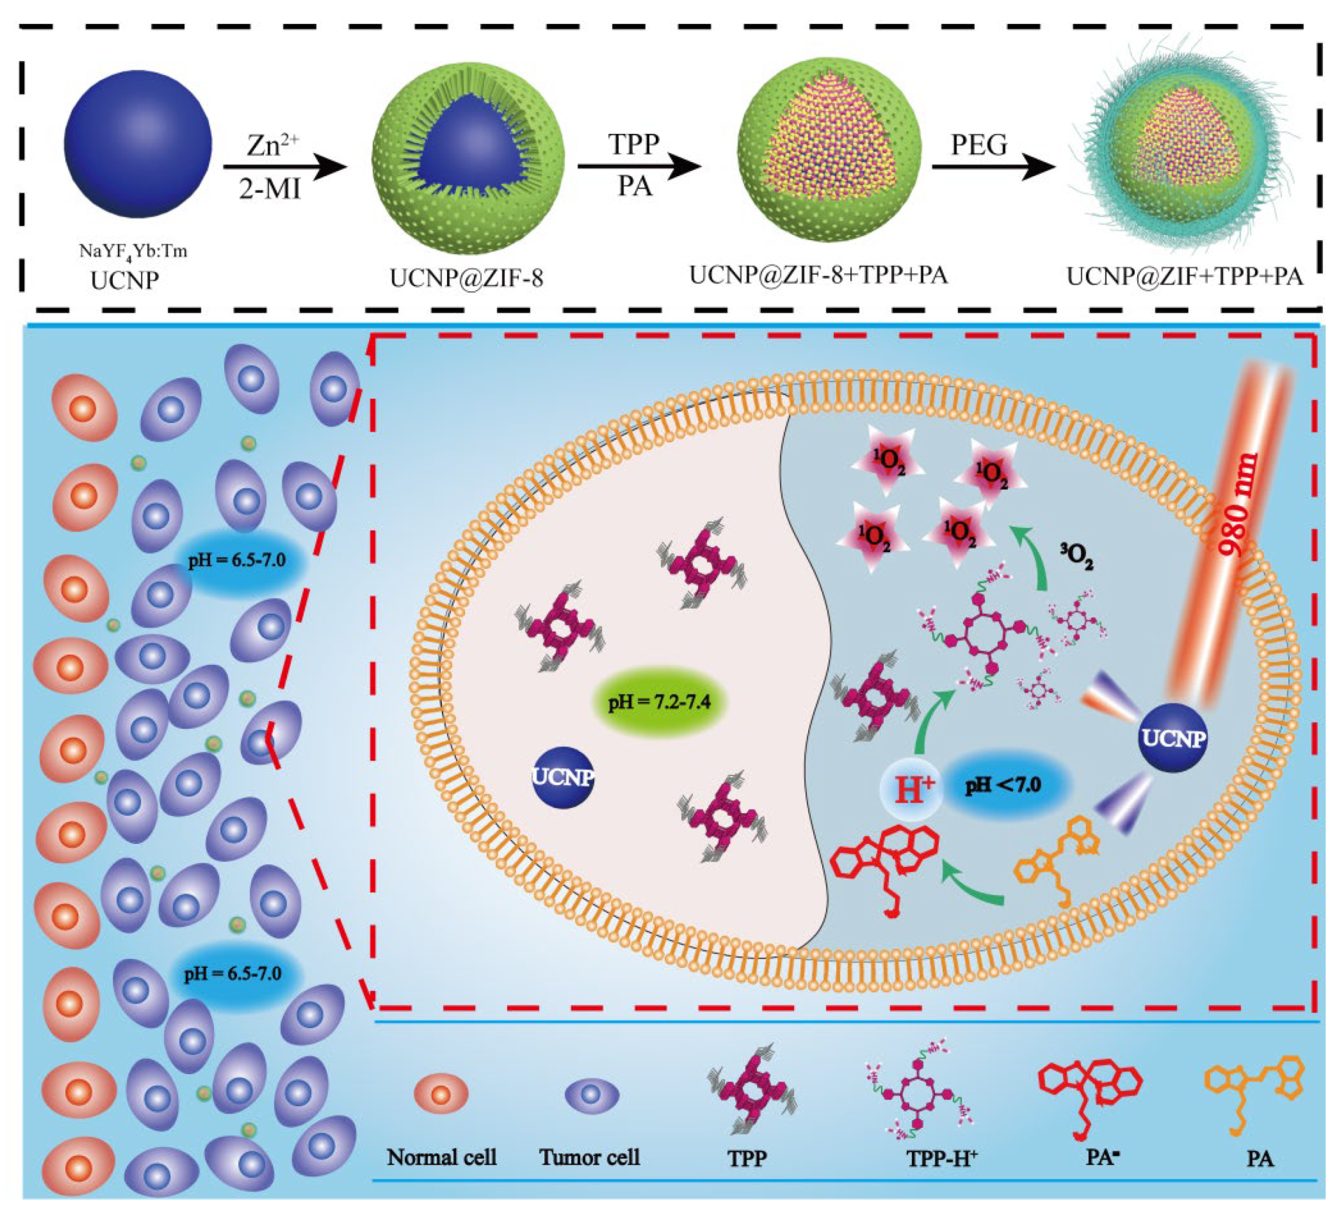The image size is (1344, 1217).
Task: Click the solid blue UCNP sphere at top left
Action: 138,144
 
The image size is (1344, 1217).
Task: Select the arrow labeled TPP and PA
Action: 639,167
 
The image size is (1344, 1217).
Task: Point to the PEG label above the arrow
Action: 978,144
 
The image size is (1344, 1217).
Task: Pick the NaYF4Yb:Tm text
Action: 133,251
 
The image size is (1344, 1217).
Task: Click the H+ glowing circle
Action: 911,789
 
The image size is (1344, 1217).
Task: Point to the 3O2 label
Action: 1076,554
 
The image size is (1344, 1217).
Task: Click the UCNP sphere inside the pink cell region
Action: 564,778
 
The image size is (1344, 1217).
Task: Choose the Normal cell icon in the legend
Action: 441,1094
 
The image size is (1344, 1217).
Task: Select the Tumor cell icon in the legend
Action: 591,1095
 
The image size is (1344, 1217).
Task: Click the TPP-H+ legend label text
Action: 941,1158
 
